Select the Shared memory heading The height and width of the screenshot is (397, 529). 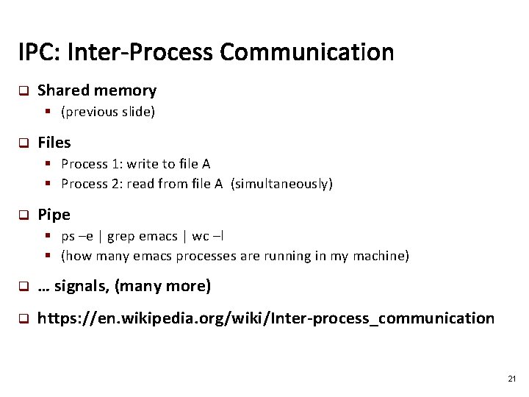pos(97,90)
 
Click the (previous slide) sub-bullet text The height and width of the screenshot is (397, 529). pos(108,112)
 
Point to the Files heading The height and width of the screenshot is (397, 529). pos(54,143)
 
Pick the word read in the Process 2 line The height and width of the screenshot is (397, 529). pos(140,184)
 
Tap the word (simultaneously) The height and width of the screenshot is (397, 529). pos(281,184)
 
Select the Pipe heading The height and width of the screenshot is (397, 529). pos(54,215)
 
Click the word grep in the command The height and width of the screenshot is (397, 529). pos(121,236)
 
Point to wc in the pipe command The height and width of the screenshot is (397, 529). pos(199,236)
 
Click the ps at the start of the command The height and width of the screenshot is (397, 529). pos(68,236)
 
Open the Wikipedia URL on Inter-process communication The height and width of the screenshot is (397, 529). pos(266,318)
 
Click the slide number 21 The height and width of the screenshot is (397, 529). pos(511,379)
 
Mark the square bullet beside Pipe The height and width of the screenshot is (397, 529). pos(23,215)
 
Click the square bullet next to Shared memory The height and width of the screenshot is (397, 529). pos(23,91)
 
